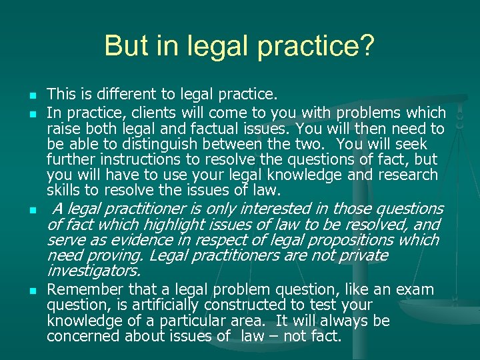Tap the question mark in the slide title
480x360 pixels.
click(x=367, y=46)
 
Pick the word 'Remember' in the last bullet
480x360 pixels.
click(x=79, y=289)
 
